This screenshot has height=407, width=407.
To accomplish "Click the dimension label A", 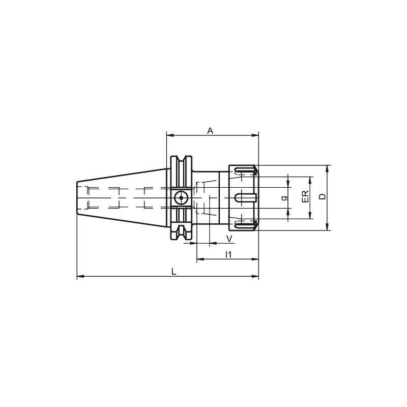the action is [x=210, y=131].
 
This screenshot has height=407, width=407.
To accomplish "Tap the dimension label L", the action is [x=174, y=272].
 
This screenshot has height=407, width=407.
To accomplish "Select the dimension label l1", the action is [x=228, y=254].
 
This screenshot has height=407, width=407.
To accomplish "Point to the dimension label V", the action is [x=229, y=239].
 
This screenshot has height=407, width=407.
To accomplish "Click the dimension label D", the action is [x=323, y=196].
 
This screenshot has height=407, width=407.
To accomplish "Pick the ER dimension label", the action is [x=305, y=196].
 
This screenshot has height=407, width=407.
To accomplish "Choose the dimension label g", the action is [x=285, y=198].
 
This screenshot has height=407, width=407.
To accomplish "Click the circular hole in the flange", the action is [x=181, y=198].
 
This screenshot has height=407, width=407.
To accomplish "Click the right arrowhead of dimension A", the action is [x=255, y=135].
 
